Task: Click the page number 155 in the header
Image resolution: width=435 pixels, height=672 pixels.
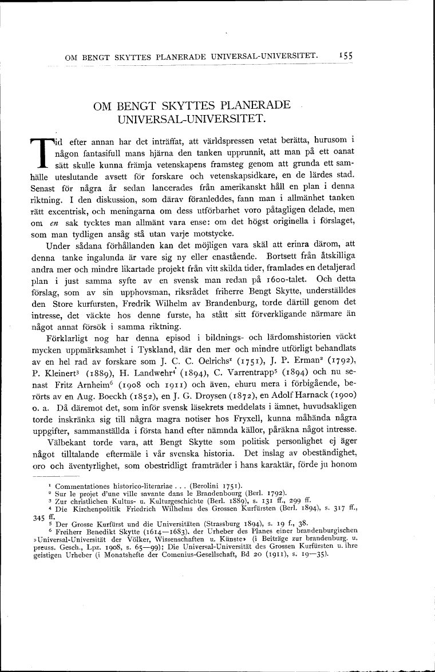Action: tap(345, 56)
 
